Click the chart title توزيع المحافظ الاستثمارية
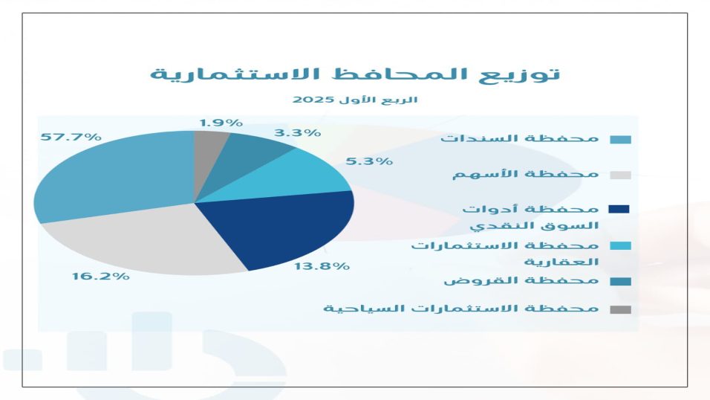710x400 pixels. (355, 74)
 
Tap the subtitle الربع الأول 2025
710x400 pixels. (355, 100)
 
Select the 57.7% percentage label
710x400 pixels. (71, 137)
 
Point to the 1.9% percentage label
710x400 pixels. (221, 123)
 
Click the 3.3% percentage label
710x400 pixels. (298, 133)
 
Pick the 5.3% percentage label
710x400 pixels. (369, 161)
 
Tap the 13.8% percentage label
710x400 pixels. (322, 266)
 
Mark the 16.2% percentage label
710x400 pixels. (101, 276)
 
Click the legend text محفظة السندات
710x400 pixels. (520, 138)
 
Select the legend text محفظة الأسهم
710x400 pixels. (526, 174)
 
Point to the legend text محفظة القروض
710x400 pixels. (521, 281)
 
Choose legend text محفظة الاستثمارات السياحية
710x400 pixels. (461, 309)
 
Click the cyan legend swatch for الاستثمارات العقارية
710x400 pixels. (620, 246)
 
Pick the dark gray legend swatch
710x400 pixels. (620, 310)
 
